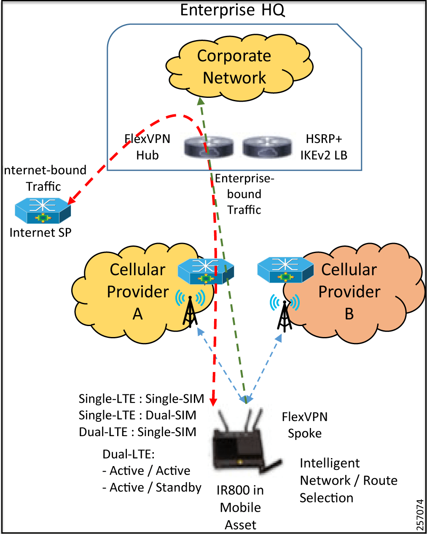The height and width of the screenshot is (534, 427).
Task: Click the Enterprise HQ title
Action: (x=232, y=10)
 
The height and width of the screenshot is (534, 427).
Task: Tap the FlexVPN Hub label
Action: (x=148, y=147)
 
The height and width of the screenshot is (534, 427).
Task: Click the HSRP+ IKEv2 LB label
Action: (x=324, y=147)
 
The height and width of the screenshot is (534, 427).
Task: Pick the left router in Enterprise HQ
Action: (x=209, y=147)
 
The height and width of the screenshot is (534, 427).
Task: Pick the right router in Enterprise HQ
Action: (x=267, y=147)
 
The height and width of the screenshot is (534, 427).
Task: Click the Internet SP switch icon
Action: (x=43, y=210)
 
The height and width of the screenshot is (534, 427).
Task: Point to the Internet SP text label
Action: (x=40, y=232)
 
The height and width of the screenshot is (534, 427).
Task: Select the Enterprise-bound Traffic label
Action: (x=244, y=194)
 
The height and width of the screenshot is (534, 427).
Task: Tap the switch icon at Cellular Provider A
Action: (x=205, y=271)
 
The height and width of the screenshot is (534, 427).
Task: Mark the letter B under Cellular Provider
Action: (x=349, y=314)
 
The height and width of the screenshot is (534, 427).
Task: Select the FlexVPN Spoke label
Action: (x=304, y=425)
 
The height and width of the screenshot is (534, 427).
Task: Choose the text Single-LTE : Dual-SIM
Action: (x=137, y=415)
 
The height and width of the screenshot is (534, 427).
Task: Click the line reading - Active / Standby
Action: (x=152, y=488)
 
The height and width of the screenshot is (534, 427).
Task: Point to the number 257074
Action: (x=420, y=515)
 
